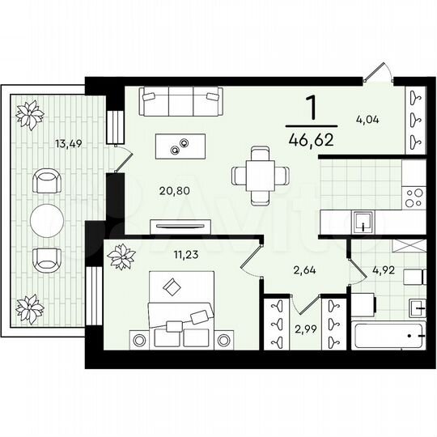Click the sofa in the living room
(180, 103)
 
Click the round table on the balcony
(46, 218)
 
